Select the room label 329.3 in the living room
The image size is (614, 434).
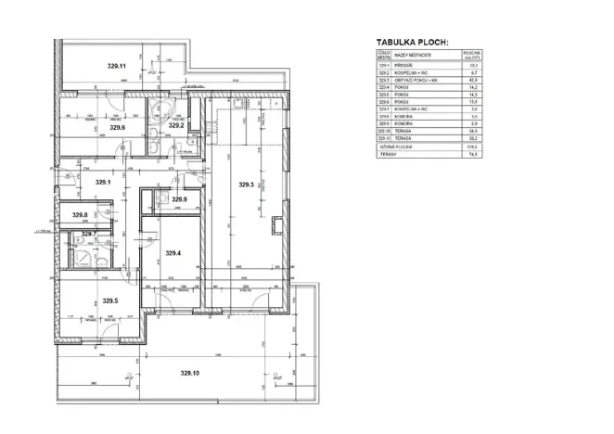[x=246, y=185]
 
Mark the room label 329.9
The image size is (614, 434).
[x=180, y=199]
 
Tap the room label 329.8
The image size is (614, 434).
[x=80, y=216]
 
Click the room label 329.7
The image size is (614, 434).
[x=89, y=234]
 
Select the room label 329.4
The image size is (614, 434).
[x=173, y=253]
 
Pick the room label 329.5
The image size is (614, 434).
[x=109, y=300]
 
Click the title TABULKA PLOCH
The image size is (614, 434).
[x=412, y=43]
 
